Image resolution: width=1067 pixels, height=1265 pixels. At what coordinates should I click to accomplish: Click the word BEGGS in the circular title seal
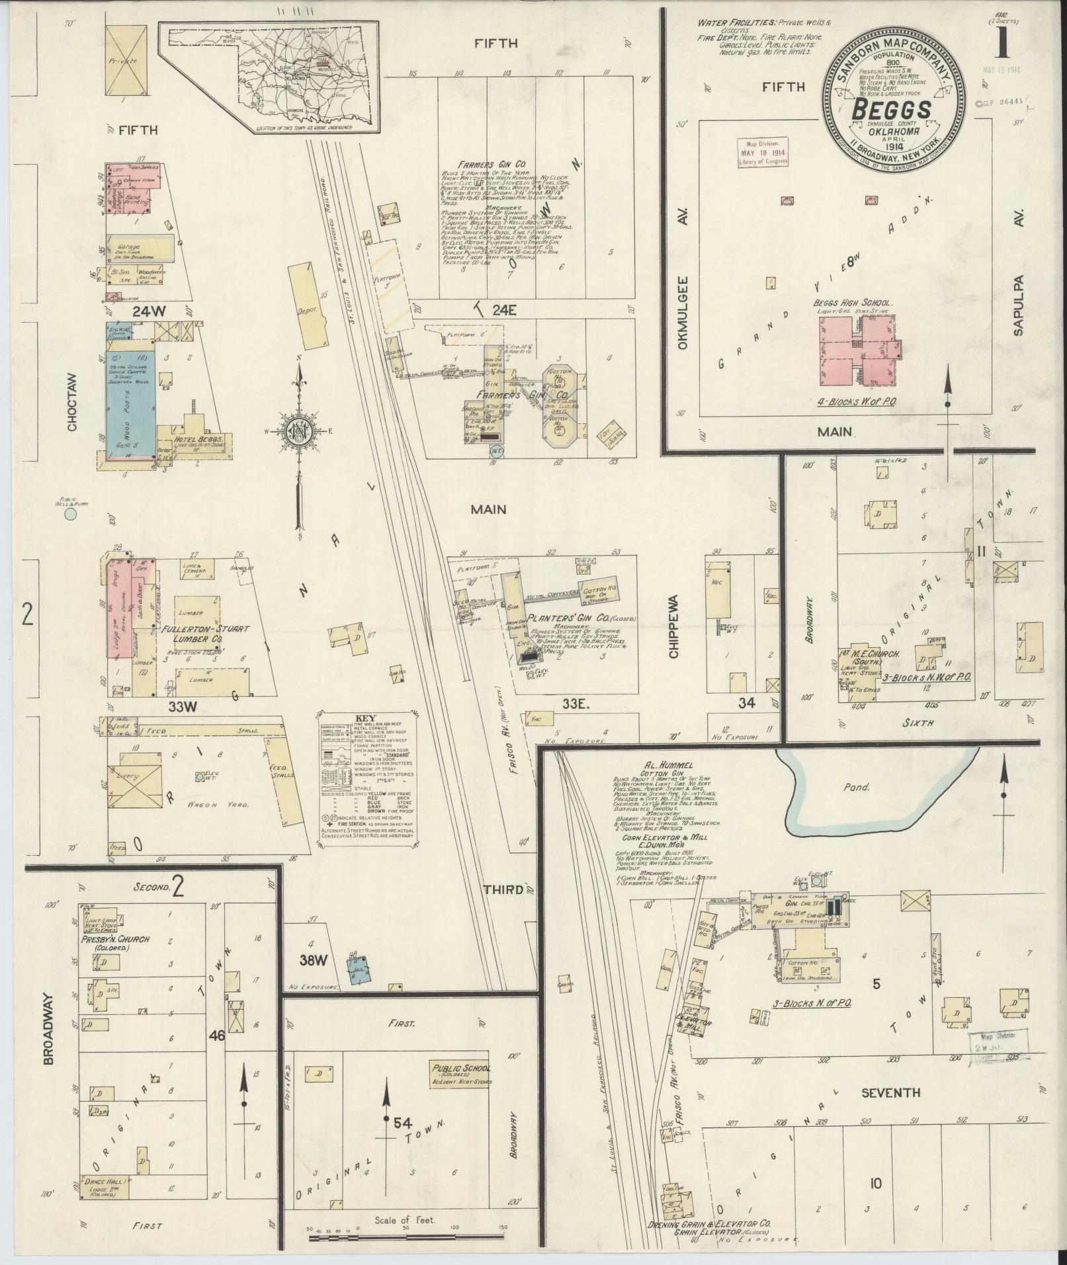pyautogui.click(x=892, y=110)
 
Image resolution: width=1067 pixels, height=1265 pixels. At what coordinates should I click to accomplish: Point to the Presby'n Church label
pyautogui.click(x=116, y=939)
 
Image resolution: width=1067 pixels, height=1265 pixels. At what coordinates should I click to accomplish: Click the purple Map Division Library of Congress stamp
pyautogui.click(x=762, y=153)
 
